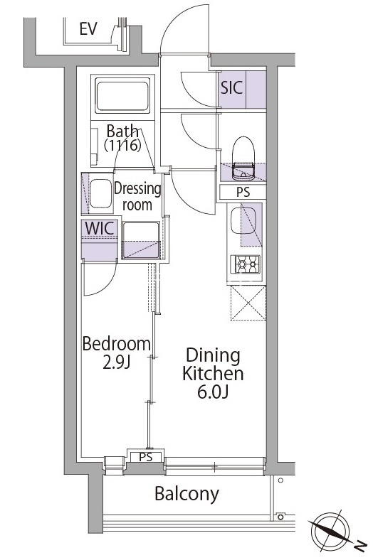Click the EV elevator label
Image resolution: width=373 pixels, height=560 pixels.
pyautogui.click(x=88, y=29)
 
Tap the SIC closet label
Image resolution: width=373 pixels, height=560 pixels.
pyautogui.click(x=232, y=87)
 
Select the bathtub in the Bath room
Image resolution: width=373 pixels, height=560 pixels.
pyautogui.click(x=122, y=97)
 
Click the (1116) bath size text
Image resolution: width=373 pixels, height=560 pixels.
pyautogui.click(x=122, y=146)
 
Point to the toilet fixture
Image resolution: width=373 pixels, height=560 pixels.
pyautogui.click(x=243, y=158)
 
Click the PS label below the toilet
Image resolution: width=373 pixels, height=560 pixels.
pyautogui.click(x=243, y=192)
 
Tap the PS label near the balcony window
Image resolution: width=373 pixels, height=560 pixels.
pyautogui.click(x=146, y=457)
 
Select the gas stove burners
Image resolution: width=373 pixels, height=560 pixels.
pyautogui.click(x=246, y=264)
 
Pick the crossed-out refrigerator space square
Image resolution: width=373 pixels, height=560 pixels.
pyautogui.click(x=248, y=303)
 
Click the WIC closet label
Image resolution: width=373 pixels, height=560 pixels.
pyautogui.click(x=100, y=229)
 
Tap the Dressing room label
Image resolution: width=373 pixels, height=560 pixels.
pyautogui.click(x=137, y=197)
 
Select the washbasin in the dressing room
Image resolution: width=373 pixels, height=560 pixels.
pyautogui.click(x=100, y=193)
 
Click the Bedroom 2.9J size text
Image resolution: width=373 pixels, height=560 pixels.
pyautogui.click(x=117, y=352)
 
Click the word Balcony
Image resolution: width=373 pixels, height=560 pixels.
pyautogui.click(x=187, y=495)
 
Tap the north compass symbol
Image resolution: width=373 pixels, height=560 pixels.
pyautogui.click(x=332, y=531)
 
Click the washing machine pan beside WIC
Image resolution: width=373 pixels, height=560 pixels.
pyautogui.click(x=140, y=240)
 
